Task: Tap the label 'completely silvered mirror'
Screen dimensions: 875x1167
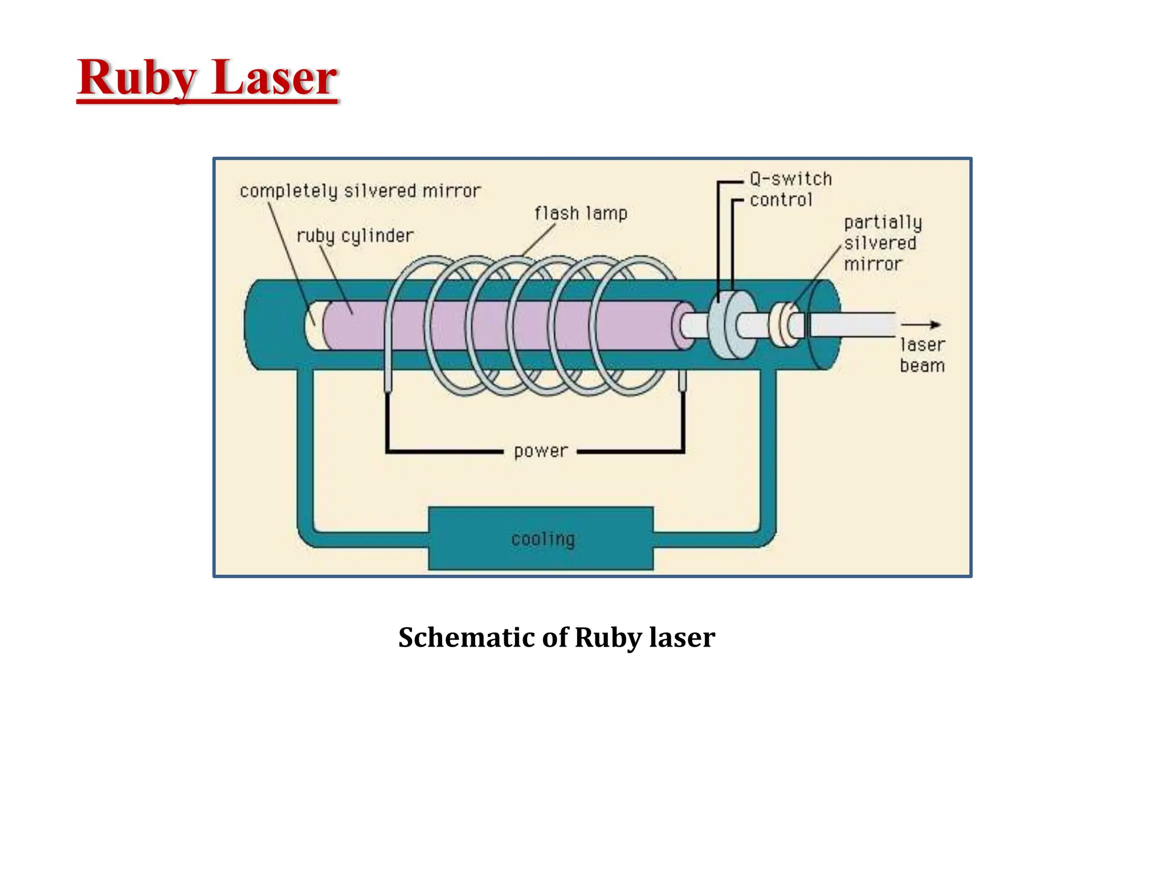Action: coord(360,191)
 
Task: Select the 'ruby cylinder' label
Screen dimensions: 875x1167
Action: coord(355,236)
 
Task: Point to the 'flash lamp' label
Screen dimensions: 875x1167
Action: coord(581,214)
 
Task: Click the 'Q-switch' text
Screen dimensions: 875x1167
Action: coord(790,179)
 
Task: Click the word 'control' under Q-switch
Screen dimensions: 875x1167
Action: coord(781,200)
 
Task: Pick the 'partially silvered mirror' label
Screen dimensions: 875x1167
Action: coord(882,243)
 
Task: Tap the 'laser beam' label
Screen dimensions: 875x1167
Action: coord(922,355)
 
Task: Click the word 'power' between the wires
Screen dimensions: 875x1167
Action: coord(540,451)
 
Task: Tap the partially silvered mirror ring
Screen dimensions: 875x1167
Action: coord(785,325)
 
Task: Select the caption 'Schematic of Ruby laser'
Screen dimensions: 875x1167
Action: coord(556,637)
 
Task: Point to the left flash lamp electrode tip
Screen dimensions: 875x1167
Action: coord(388,385)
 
